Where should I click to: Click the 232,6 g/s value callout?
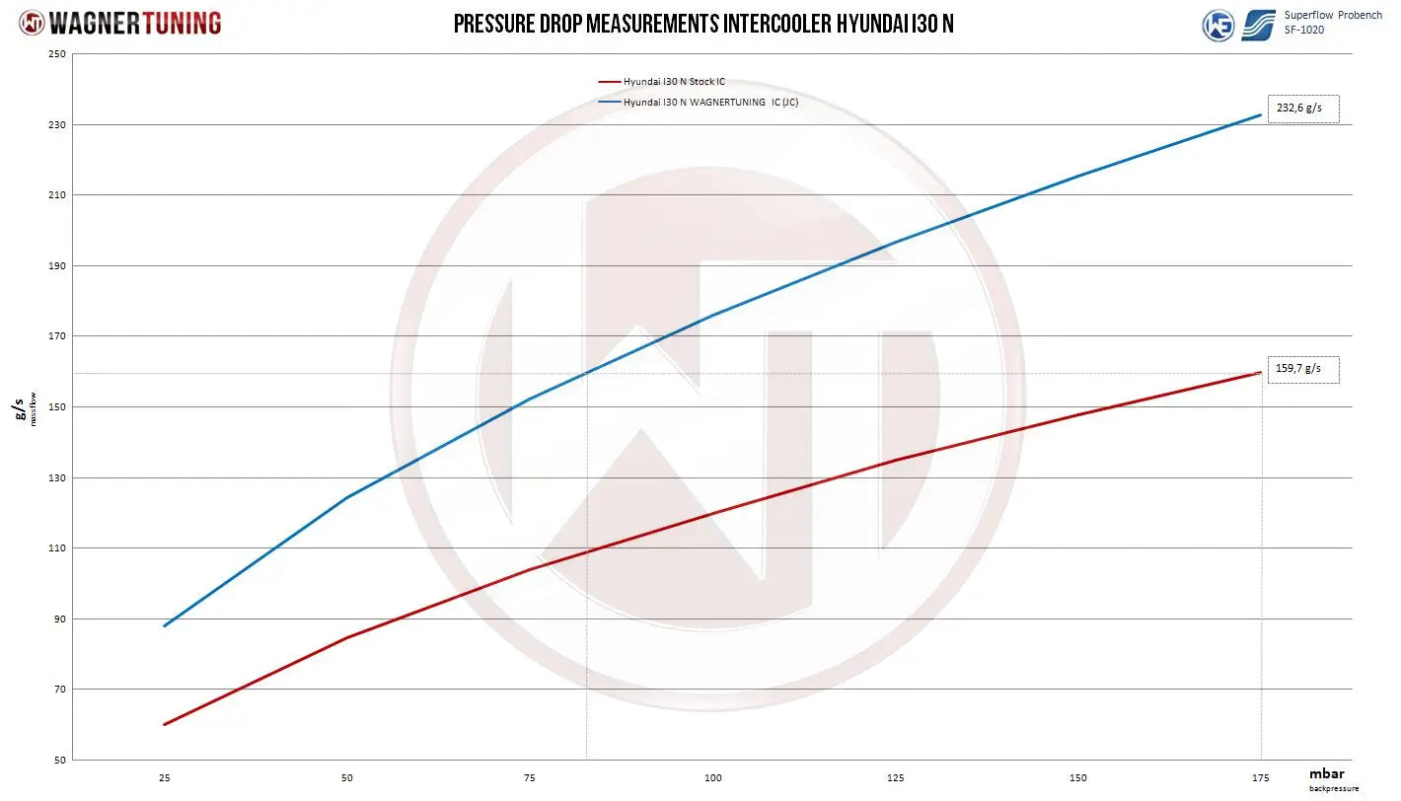click(x=1302, y=109)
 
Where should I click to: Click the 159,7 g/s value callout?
click(x=1302, y=370)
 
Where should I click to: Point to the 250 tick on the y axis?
click(x=56, y=54)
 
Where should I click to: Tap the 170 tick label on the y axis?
click(x=56, y=336)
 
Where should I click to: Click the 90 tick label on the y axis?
click(x=58, y=619)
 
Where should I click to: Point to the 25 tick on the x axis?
click(x=164, y=778)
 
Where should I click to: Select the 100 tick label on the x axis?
click(x=712, y=778)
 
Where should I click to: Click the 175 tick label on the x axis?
click(x=1260, y=778)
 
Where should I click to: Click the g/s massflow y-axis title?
click(x=24, y=407)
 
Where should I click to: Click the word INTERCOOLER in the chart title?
click(x=776, y=24)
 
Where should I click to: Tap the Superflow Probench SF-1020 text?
click(x=1332, y=23)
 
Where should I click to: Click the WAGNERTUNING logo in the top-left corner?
click(x=120, y=24)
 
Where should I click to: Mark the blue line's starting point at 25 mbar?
click(x=164, y=625)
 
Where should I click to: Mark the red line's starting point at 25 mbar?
click(x=164, y=724)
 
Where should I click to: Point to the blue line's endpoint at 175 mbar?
click(x=1260, y=115)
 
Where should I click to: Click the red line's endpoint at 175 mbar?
click(x=1260, y=372)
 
